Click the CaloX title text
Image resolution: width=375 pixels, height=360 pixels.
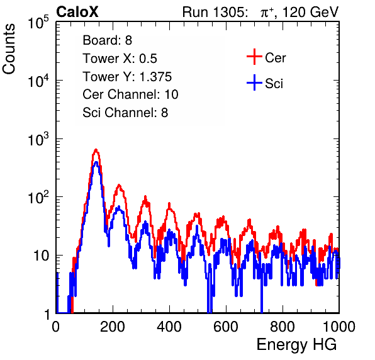(x=77, y=12)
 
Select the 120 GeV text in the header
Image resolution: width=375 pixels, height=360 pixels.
(x=310, y=12)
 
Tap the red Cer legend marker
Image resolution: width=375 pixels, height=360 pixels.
(x=254, y=57)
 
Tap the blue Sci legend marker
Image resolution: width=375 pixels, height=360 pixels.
(x=254, y=82)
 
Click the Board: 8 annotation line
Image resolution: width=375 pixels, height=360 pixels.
(x=108, y=40)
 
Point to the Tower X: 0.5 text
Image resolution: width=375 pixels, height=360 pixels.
(x=120, y=59)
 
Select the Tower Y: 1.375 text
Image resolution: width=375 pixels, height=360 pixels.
(x=127, y=77)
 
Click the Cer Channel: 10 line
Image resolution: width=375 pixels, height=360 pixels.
(x=131, y=94)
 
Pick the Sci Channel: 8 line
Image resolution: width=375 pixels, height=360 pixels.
(x=125, y=113)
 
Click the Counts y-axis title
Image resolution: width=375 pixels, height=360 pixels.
(x=9, y=49)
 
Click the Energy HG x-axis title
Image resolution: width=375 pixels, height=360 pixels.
(x=296, y=344)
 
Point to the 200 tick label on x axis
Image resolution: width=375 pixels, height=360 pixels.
(x=113, y=327)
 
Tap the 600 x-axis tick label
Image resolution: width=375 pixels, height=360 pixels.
(x=226, y=327)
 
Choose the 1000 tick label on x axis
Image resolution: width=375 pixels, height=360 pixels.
(x=339, y=327)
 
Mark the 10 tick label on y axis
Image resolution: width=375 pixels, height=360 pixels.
(x=41, y=256)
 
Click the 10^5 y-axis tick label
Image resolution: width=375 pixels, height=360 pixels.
(x=38, y=22)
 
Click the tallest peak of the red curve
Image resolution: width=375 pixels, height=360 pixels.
(x=96, y=150)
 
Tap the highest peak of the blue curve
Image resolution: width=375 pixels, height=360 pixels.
(x=96, y=162)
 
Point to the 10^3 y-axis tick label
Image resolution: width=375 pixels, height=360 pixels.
(x=38, y=138)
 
